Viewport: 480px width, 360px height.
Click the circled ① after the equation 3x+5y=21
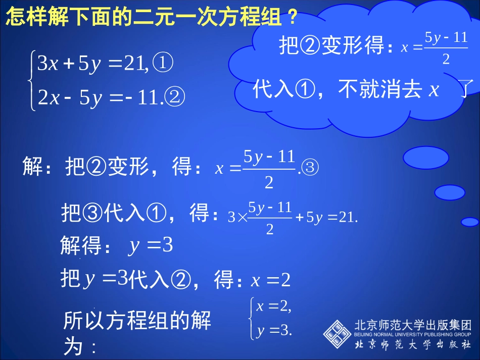pos(163,64)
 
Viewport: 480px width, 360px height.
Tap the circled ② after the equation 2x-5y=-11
pos(175,96)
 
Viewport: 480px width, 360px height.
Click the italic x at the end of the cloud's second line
pos(434,90)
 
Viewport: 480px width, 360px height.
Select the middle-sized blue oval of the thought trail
pos(449,192)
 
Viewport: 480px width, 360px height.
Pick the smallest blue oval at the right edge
pos(470,222)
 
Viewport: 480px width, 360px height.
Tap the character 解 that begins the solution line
pos(33,167)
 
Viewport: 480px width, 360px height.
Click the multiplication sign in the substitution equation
pos(242,218)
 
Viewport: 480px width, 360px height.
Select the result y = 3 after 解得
pos(151,246)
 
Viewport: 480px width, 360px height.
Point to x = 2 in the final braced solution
pos(273,306)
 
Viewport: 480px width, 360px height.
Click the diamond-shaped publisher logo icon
pos(337,334)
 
